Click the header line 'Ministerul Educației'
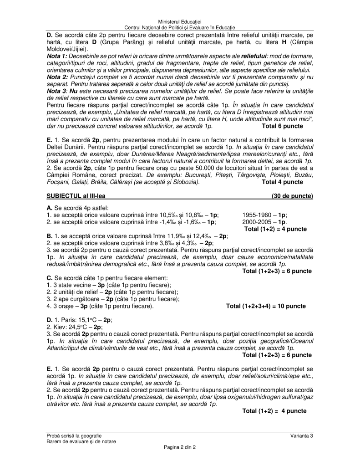click(x=180, y=22)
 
